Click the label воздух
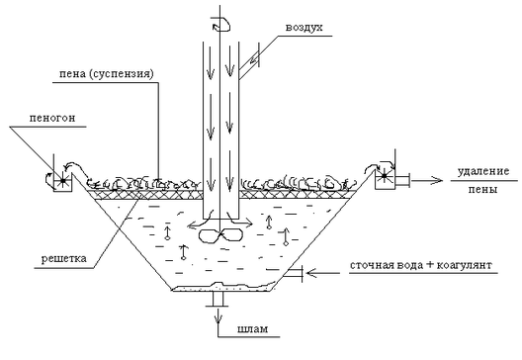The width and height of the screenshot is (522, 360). (304, 28)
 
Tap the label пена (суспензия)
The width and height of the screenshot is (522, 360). (107, 73)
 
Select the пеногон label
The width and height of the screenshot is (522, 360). (52, 118)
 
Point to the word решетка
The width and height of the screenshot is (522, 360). (64, 258)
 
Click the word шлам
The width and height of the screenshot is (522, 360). (253, 329)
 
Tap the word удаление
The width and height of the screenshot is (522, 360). (483, 172)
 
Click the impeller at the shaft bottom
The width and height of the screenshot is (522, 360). (220, 235)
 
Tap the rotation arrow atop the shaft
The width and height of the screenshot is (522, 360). (221, 25)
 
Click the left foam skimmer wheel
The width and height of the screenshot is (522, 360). (62, 181)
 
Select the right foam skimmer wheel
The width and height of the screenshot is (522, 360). (385, 175)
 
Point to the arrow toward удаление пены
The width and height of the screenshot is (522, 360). (427, 181)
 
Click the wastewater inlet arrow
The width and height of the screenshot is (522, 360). (323, 273)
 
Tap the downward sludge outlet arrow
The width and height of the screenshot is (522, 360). (218, 315)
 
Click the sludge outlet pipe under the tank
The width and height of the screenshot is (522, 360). (218, 299)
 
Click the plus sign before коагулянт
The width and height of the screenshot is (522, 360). (430, 265)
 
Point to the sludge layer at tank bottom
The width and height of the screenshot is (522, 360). (222, 287)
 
